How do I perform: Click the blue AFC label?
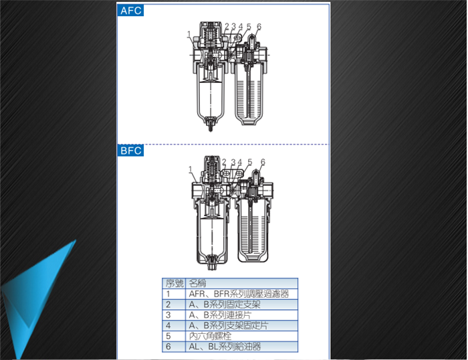(x=130, y=11)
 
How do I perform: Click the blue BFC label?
(x=130, y=151)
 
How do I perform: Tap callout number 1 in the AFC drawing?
(x=189, y=35)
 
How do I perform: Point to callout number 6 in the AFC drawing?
(x=259, y=27)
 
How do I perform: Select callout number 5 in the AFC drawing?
(x=249, y=27)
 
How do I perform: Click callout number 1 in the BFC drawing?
(x=191, y=170)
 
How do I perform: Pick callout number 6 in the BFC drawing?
(x=263, y=162)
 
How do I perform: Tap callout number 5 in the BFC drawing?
(x=250, y=162)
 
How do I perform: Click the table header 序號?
(x=174, y=283)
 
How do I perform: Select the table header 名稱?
(x=197, y=283)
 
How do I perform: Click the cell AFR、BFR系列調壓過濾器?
(x=239, y=294)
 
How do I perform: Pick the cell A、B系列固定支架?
(x=225, y=304)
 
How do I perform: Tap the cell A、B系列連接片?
(x=220, y=315)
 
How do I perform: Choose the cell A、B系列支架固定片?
(x=229, y=326)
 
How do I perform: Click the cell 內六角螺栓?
(x=210, y=336)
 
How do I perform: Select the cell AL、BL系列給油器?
(x=225, y=347)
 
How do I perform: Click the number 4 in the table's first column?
(x=168, y=326)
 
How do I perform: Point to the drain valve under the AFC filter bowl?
(x=211, y=124)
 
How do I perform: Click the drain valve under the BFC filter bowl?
(x=212, y=262)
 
